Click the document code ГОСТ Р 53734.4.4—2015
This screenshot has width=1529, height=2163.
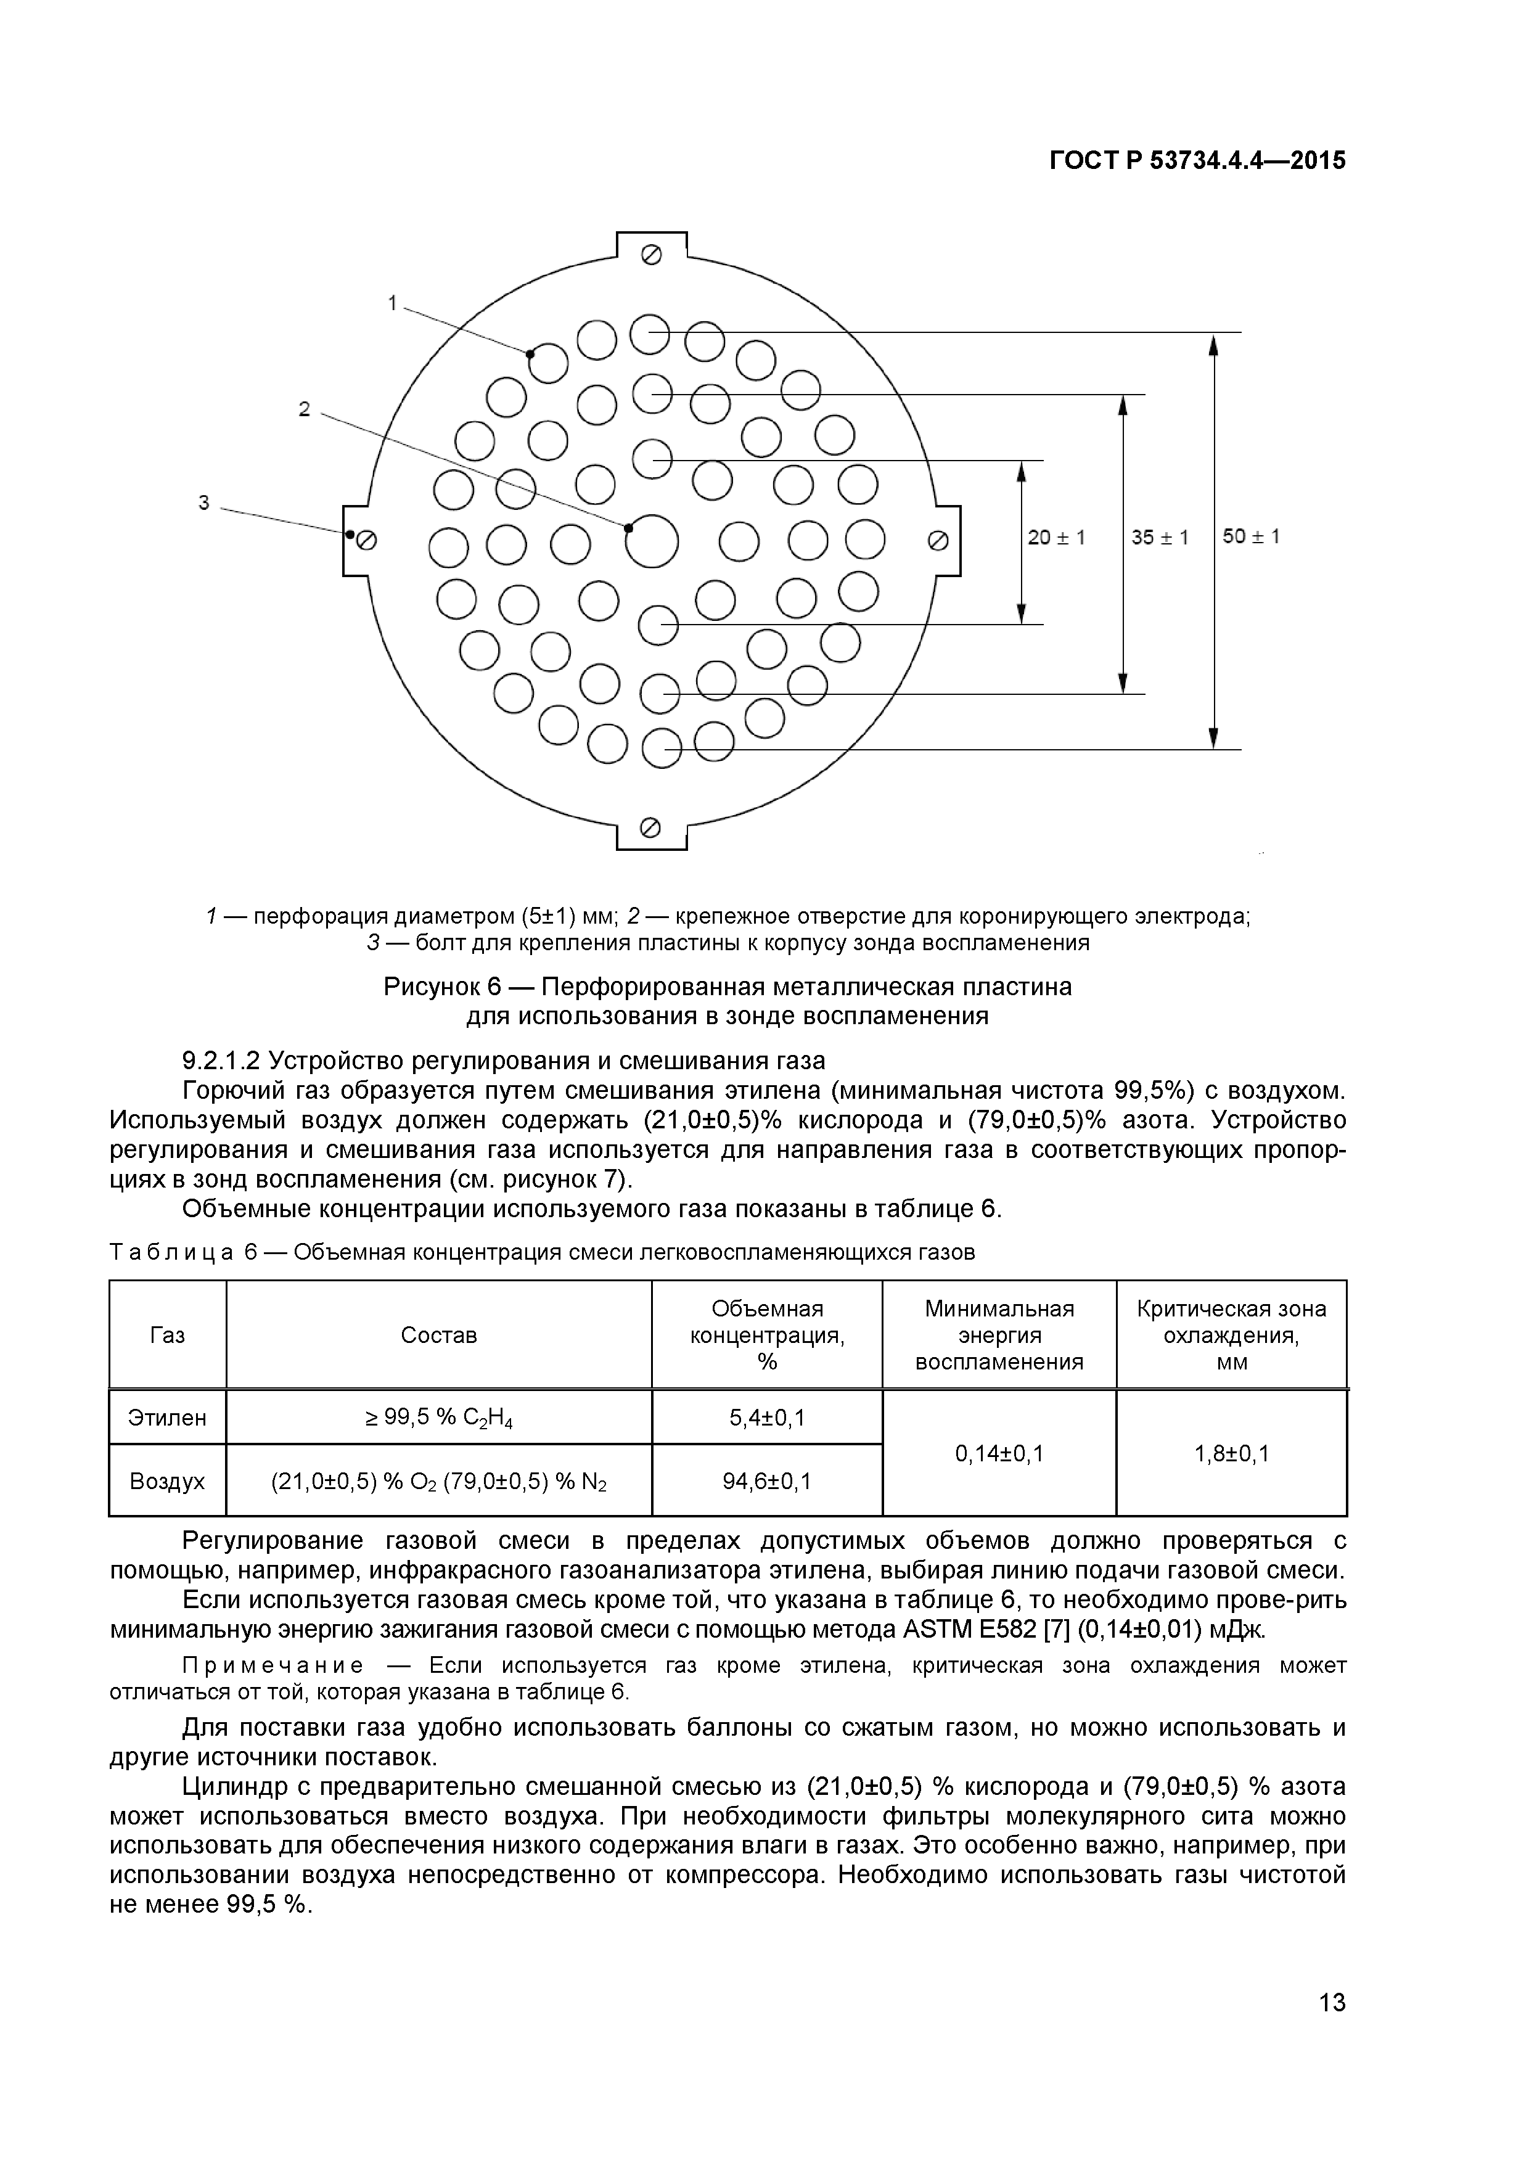(1197, 161)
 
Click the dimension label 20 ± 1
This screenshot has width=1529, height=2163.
(1056, 537)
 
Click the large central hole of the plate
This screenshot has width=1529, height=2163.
(652, 541)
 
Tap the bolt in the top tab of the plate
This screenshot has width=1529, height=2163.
(651, 255)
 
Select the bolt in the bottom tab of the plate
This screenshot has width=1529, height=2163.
(650, 827)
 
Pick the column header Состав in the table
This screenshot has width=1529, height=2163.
(439, 1335)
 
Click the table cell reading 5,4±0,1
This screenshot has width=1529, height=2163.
(767, 1418)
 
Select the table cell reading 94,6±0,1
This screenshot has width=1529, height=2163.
(767, 1482)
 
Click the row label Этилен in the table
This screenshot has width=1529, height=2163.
(168, 1418)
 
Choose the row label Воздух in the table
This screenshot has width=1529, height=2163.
(168, 1482)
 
